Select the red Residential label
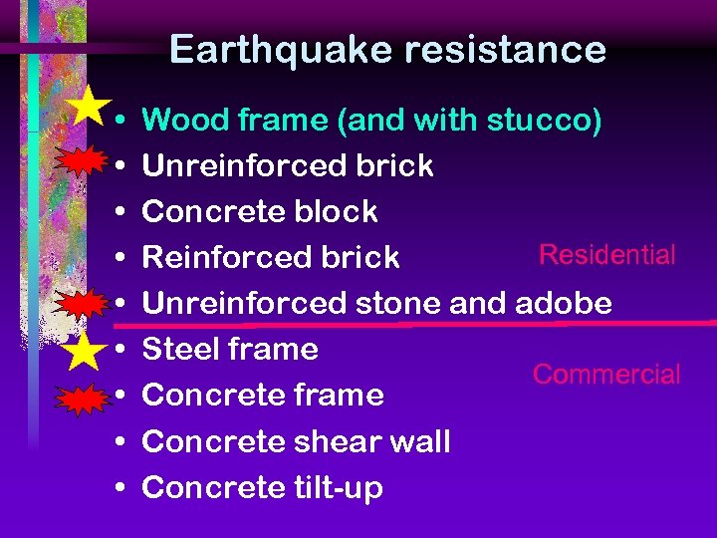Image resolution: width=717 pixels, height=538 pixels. (607, 255)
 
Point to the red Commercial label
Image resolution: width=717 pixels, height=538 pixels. (606, 375)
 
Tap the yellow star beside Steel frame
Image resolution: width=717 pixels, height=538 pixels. (87, 350)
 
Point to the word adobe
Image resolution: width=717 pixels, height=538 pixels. (567, 303)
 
